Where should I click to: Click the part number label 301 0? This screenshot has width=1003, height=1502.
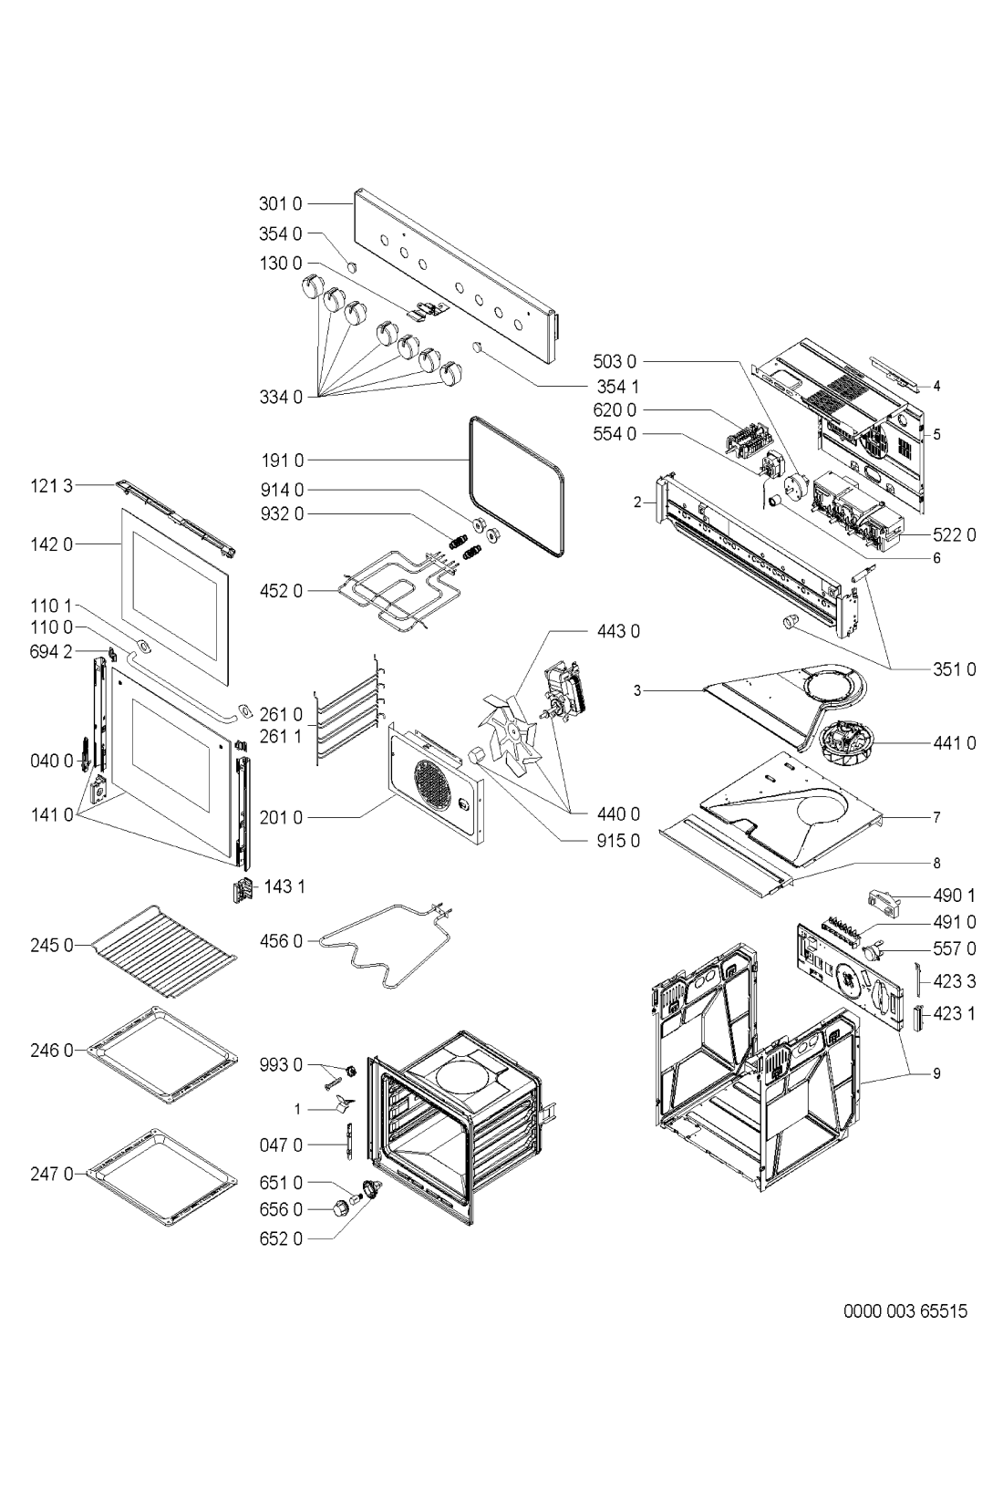281,203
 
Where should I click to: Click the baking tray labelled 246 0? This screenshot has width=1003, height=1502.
163,1055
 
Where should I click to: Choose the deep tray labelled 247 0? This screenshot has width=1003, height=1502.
163,1176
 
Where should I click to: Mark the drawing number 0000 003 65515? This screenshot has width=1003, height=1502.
905,1310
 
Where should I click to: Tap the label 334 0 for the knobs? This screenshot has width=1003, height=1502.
281,397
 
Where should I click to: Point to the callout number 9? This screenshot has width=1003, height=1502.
936,1073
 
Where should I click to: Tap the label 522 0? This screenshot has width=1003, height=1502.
954,534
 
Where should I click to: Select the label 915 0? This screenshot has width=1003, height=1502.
618,840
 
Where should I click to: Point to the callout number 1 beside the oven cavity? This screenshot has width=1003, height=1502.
297,1110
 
